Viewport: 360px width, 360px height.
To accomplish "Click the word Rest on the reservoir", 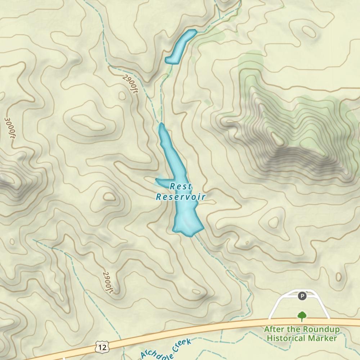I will pos(181,186).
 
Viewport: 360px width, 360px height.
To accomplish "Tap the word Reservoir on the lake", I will pos(181,197).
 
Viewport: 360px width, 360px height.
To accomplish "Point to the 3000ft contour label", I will pos(10,127).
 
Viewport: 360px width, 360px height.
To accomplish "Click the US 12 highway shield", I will pos(102,347).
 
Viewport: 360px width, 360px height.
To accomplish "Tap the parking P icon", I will pos(302,296).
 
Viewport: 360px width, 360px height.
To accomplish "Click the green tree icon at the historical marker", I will pos(302,316).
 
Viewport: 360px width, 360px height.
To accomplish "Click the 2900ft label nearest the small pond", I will pos(130,84).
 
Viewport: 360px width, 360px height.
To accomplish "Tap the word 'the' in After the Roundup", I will pos(292,329).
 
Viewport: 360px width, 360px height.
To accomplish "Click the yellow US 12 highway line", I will pos(216,327).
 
